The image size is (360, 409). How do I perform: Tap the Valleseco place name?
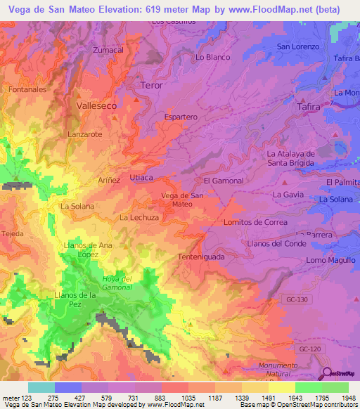pyautogui.click(x=94, y=103)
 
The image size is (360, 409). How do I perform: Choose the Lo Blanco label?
pyautogui.click(x=213, y=57)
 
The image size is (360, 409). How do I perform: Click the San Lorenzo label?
pyautogui.click(x=298, y=46)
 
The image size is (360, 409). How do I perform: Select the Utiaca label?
pyautogui.click(x=141, y=178)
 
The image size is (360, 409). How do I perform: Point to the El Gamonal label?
pyautogui.click(x=223, y=181)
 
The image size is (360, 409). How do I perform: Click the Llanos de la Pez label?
pyautogui.click(x=75, y=299)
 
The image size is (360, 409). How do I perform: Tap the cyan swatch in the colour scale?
pyautogui.click(x=41, y=387)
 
